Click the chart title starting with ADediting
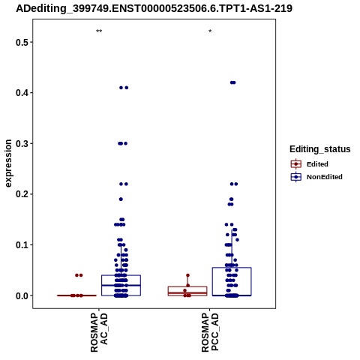[x=154, y=8]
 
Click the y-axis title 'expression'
[x=8, y=163]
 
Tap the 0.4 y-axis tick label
[x=22, y=93]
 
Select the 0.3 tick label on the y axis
[x=22, y=144]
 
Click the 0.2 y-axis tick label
[x=22, y=194]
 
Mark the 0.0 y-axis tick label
[x=22, y=295]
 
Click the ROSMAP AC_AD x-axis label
[x=99, y=332]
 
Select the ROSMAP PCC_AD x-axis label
[x=210, y=332]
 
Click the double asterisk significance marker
[x=99, y=31]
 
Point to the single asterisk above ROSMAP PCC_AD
[x=210, y=31]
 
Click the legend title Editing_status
[x=320, y=149]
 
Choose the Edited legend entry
[x=309, y=164]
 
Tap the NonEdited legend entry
[x=316, y=177]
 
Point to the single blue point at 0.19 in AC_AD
[x=121, y=199]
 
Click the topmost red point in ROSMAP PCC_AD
[x=187, y=275]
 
